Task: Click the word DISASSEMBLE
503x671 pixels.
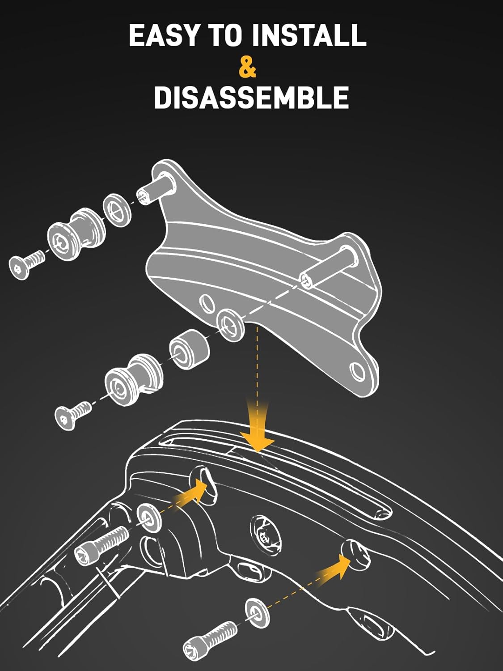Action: tap(251, 98)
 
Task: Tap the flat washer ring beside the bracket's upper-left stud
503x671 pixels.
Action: tap(118, 210)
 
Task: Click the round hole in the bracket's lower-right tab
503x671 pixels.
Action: tap(357, 371)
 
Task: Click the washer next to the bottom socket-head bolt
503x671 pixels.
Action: tap(256, 610)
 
